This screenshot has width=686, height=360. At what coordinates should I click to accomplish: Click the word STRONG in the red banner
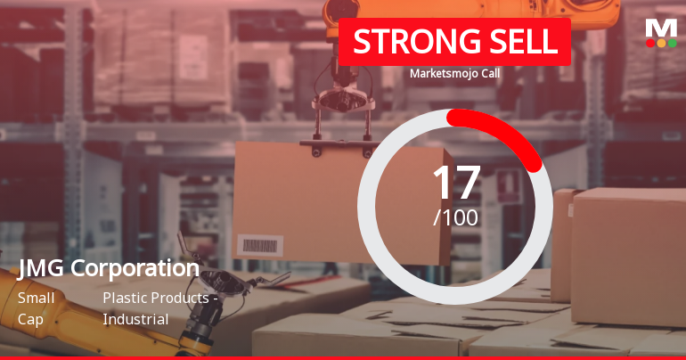coord(405,41)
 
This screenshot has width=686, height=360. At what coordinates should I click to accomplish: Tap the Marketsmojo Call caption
coord(454,73)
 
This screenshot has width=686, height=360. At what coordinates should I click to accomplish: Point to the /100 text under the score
coord(456,217)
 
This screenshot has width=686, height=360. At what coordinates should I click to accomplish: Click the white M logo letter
coord(660,27)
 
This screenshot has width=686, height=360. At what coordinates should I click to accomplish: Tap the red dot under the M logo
coord(650,43)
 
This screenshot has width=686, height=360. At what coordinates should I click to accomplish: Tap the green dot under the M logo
coord(672,43)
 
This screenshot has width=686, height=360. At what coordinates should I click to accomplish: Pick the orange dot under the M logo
coord(661,43)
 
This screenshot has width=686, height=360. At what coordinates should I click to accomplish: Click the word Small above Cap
coord(36,298)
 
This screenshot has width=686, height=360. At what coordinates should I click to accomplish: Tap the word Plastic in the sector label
coord(124,298)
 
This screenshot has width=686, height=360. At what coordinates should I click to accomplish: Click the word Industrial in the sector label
coord(135,318)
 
